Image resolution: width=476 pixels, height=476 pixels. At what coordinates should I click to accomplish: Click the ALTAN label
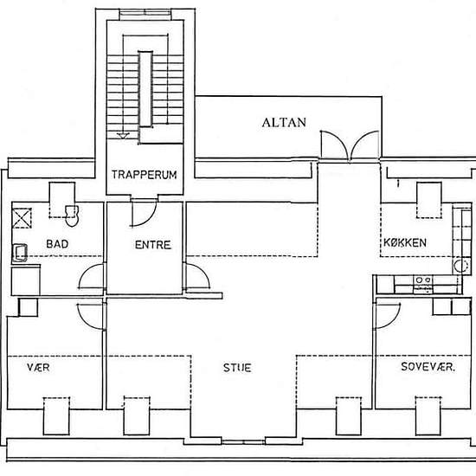(284, 122)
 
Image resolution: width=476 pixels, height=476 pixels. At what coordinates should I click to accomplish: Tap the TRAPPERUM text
(145, 175)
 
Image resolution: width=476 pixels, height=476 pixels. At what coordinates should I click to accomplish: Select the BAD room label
(57, 244)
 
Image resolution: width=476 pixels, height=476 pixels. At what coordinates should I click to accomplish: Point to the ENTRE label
(153, 245)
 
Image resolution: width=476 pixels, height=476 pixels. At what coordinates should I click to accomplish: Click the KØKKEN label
(405, 242)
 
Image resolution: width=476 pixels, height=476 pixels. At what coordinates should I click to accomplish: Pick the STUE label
(237, 368)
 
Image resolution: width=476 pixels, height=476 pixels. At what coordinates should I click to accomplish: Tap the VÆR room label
(38, 367)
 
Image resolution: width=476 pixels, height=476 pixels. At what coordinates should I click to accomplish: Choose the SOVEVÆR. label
(428, 367)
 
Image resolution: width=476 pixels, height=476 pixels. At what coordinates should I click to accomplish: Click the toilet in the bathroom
(72, 215)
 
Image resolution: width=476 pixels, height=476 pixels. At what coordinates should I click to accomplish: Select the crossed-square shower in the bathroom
(22, 218)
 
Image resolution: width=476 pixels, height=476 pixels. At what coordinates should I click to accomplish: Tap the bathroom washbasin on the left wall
(20, 253)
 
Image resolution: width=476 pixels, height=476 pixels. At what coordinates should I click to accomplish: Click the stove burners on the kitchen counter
(423, 280)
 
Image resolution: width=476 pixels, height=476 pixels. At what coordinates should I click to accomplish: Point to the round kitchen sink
(461, 267)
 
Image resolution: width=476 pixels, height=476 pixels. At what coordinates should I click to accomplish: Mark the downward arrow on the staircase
(123, 136)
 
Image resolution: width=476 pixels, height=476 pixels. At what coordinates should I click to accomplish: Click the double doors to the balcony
(350, 145)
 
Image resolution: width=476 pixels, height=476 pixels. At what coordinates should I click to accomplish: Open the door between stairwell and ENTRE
(144, 213)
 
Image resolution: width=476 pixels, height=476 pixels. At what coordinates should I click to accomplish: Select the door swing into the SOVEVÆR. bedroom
(388, 316)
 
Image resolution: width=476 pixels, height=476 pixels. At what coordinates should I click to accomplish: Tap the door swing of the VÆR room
(91, 316)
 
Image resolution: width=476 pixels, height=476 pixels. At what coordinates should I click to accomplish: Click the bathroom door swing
(92, 276)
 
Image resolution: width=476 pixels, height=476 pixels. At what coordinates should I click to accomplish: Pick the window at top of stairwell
(145, 13)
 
